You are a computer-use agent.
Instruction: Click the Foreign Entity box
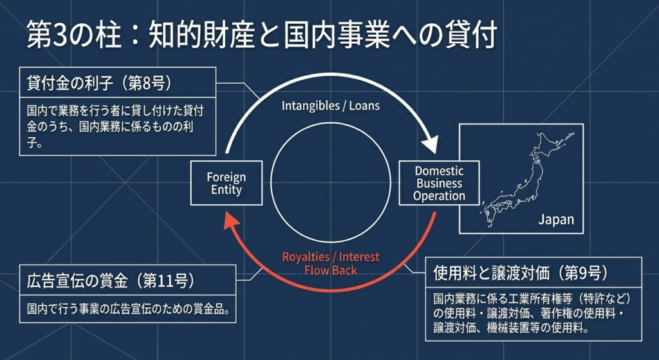(x=226, y=184)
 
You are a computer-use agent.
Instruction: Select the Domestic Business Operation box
(x=439, y=184)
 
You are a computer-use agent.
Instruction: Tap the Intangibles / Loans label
(x=331, y=106)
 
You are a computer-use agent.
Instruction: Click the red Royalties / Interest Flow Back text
(x=331, y=263)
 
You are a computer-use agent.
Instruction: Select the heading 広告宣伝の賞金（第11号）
(x=111, y=281)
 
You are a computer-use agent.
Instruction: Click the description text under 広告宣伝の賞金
(x=128, y=310)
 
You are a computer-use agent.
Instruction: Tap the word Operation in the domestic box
(x=439, y=196)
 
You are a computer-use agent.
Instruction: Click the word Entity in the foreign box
(x=226, y=190)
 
